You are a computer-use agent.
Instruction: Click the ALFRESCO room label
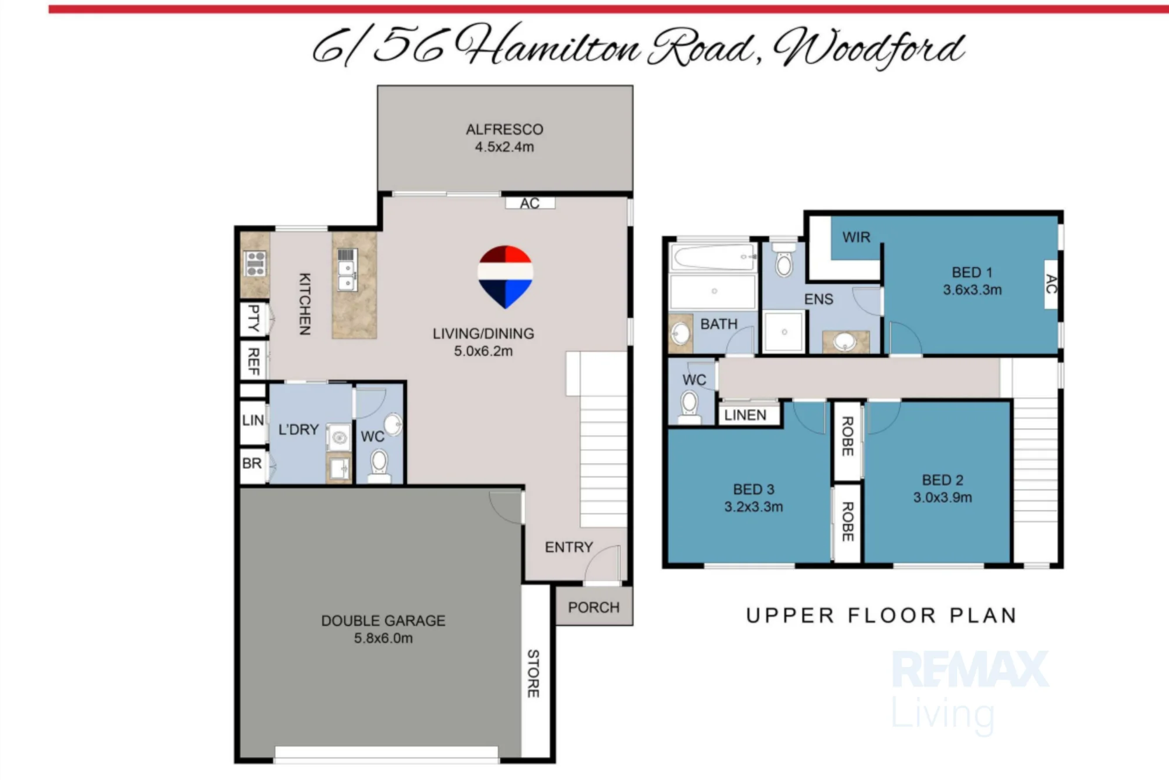click(x=504, y=129)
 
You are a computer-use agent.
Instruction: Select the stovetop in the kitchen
click(x=255, y=264)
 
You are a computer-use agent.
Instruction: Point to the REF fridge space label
click(x=254, y=361)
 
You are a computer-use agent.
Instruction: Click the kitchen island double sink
click(x=347, y=277)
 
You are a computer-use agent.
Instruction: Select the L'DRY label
click(x=299, y=430)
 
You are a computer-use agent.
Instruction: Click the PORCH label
click(x=594, y=608)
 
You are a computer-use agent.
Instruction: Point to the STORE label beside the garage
click(x=533, y=673)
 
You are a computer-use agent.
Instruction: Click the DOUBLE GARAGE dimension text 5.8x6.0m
click(x=383, y=638)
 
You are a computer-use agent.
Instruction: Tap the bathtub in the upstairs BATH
click(x=713, y=257)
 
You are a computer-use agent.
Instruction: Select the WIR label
click(x=856, y=237)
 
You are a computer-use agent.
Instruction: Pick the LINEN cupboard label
click(x=745, y=415)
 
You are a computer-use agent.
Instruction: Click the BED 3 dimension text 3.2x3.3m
click(x=754, y=507)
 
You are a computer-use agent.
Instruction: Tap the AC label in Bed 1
click(x=1051, y=284)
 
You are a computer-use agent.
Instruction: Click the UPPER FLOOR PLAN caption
click(x=881, y=616)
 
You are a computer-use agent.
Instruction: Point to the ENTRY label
click(x=569, y=547)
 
